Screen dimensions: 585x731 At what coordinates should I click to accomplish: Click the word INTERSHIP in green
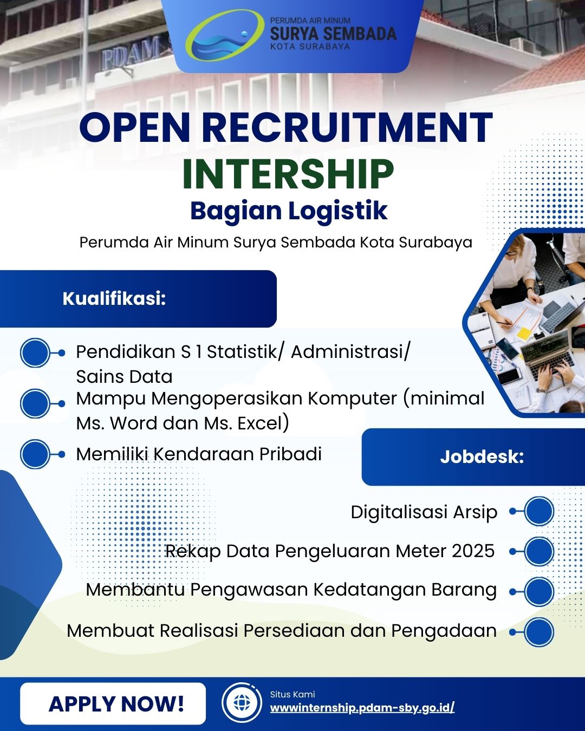click(288, 174)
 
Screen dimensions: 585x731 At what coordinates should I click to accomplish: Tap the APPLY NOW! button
click(113, 703)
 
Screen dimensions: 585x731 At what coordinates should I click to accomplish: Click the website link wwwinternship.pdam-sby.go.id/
click(362, 708)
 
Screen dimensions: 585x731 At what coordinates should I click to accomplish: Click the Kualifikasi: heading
click(114, 299)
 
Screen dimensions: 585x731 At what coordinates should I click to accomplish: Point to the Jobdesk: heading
click(482, 456)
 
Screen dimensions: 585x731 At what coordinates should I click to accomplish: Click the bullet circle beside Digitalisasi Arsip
click(539, 511)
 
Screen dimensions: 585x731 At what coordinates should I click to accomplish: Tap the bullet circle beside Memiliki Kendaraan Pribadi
click(35, 454)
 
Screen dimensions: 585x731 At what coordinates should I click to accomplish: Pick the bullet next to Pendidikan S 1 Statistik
click(35, 353)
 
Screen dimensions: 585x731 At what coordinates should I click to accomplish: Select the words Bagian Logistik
click(289, 211)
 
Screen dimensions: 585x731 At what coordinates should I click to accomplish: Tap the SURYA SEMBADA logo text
click(333, 34)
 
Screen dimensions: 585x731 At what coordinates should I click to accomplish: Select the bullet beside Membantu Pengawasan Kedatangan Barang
click(539, 591)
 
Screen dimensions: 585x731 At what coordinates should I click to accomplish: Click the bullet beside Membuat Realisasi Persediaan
click(539, 632)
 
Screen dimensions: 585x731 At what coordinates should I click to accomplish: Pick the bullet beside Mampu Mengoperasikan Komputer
click(35, 403)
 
